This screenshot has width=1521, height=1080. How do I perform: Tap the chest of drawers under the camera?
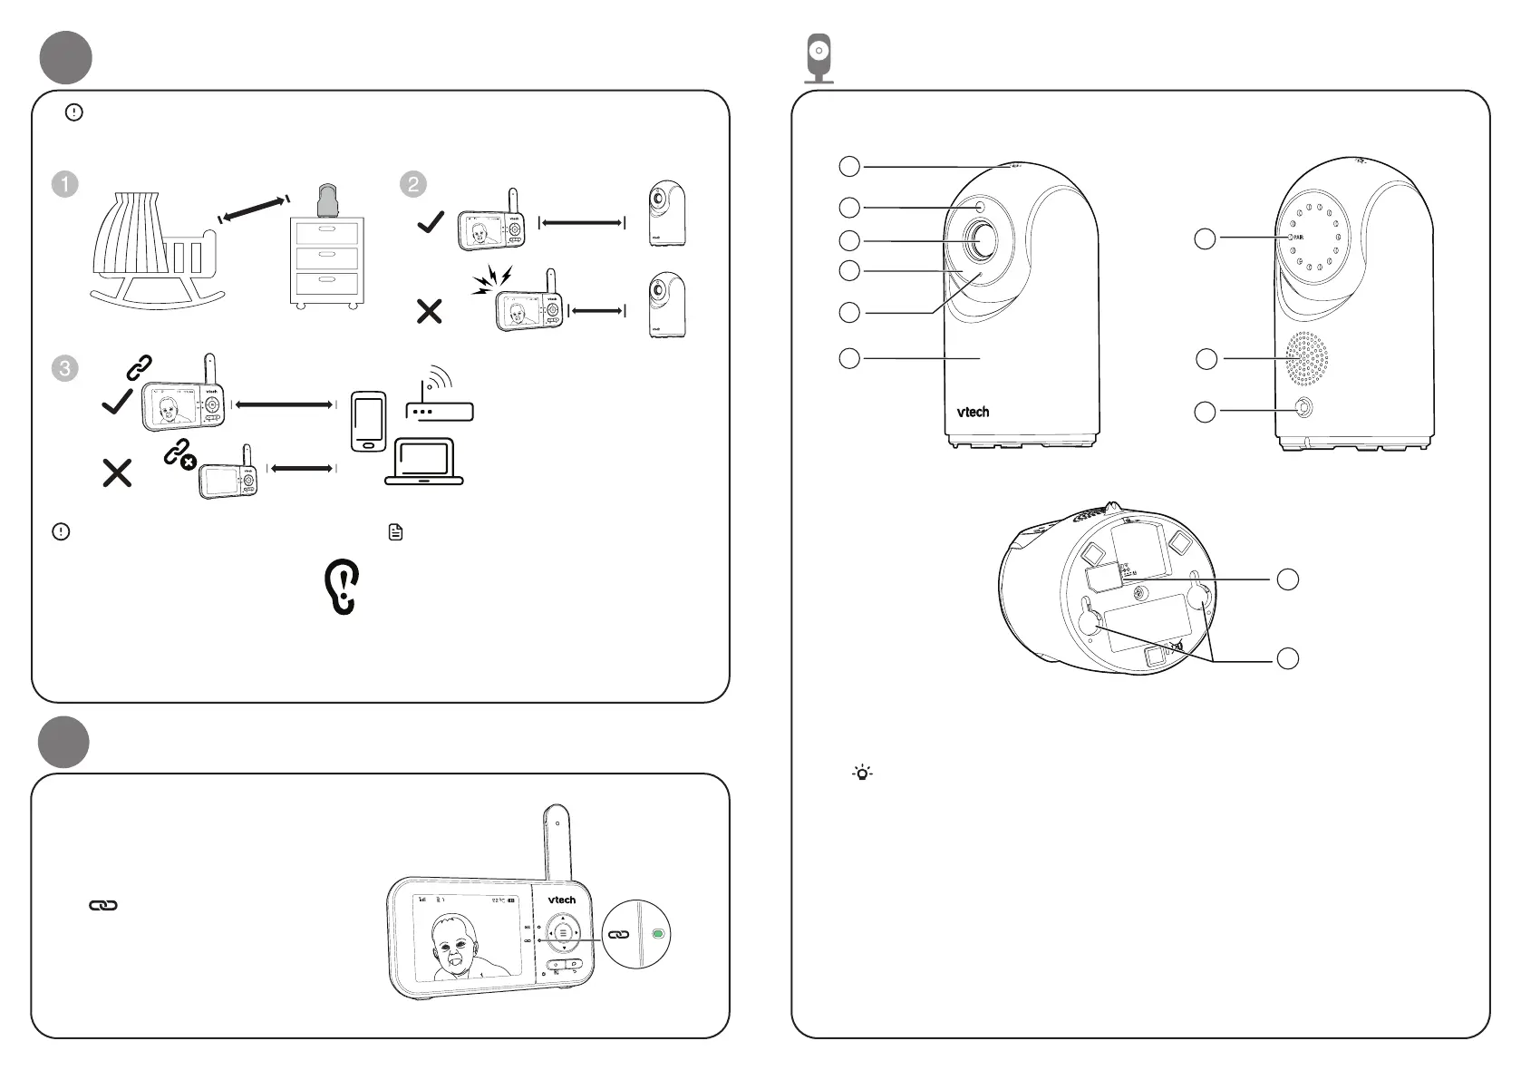pos(326,263)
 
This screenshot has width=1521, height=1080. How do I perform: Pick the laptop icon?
pos(424,462)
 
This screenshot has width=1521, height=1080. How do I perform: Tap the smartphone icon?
pos(368,421)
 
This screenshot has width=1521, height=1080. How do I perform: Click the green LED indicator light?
pos(659,933)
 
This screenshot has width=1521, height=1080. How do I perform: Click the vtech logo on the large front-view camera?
pos(973,412)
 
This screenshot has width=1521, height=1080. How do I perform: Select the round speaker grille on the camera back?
pos(1306,357)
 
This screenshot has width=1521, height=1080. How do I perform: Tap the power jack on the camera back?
pos(1303,409)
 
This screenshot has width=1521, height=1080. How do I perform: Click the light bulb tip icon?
pos(861,774)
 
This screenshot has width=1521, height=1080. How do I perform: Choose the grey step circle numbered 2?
pos(412,183)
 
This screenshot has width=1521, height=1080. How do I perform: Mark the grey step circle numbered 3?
pos(65,368)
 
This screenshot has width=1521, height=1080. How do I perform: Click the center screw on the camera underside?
pos(1141,592)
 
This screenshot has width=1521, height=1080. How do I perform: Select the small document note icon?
pos(395,532)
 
